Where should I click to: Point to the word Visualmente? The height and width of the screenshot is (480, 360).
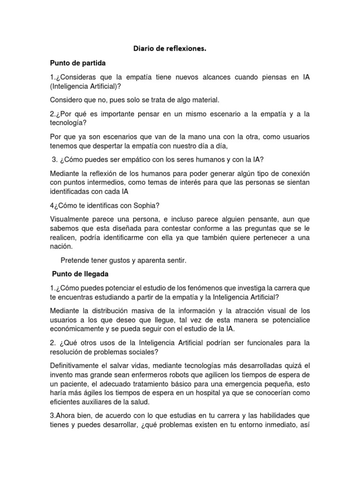[73, 219]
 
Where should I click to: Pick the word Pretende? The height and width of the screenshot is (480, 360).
[76, 260]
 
